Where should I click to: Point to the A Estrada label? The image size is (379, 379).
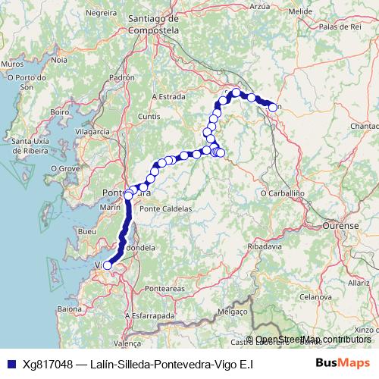[169, 97]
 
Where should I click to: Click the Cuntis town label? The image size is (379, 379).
[150, 116]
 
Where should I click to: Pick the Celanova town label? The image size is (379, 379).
[317, 298]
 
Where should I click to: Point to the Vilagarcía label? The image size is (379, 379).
[93, 130]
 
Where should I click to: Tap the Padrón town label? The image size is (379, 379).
[121, 77]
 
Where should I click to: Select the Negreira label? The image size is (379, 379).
[102, 14]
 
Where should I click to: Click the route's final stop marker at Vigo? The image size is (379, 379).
[108, 265]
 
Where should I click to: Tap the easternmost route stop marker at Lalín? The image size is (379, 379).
[273, 108]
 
